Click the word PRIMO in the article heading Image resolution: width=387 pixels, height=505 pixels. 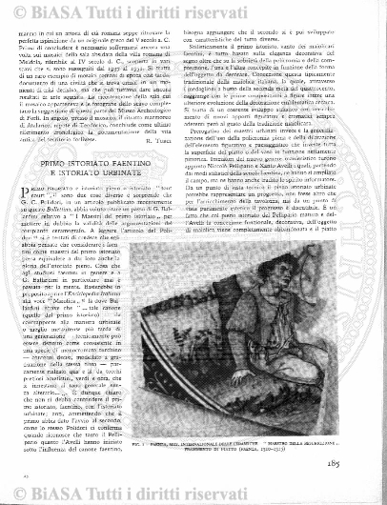pyautogui.click(x=71, y=137)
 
